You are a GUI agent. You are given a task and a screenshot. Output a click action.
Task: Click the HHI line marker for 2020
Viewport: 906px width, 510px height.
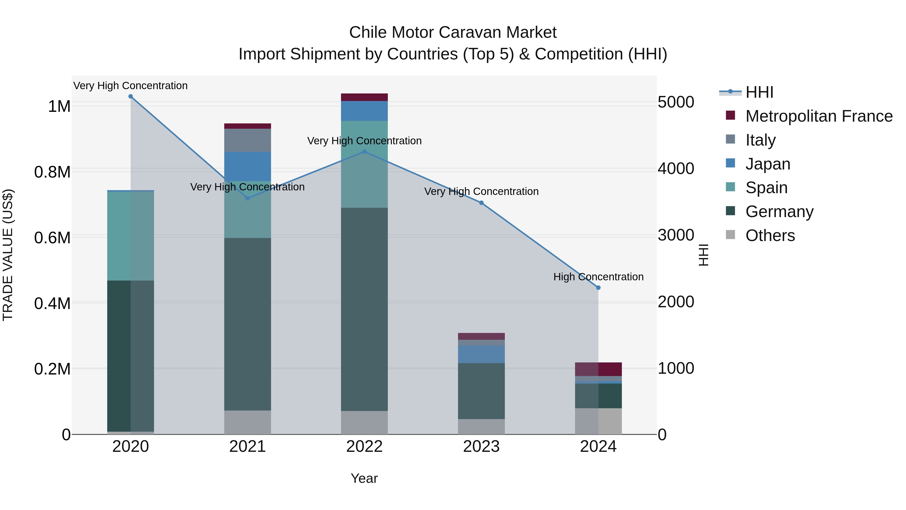click(x=130, y=96)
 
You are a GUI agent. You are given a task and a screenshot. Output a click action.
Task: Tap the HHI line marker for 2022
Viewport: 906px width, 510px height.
click(x=364, y=152)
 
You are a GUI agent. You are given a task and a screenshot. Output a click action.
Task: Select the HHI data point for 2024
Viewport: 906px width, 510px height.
click(x=598, y=288)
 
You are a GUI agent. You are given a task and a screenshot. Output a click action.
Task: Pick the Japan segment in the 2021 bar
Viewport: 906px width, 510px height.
click(x=248, y=166)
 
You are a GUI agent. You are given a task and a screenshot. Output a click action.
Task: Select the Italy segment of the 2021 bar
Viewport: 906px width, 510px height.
click(x=248, y=140)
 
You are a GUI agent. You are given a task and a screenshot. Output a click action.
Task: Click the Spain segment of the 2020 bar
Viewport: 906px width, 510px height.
click(x=130, y=236)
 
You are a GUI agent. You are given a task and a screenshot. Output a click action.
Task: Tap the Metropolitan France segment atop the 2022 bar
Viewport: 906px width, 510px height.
click(x=364, y=97)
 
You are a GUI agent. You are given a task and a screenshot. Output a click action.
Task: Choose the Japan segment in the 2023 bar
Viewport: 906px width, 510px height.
click(x=481, y=354)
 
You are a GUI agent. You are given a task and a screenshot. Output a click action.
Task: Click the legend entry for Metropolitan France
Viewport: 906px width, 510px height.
click(x=819, y=116)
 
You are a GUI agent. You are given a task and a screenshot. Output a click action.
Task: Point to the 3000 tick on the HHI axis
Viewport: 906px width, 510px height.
click(x=676, y=235)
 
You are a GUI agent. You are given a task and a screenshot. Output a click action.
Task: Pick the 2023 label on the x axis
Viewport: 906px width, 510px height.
click(x=481, y=447)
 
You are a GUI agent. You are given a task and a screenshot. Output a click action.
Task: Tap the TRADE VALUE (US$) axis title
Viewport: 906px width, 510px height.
click(x=8, y=255)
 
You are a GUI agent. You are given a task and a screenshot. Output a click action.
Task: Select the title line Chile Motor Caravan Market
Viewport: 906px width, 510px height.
click(x=453, y=32)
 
